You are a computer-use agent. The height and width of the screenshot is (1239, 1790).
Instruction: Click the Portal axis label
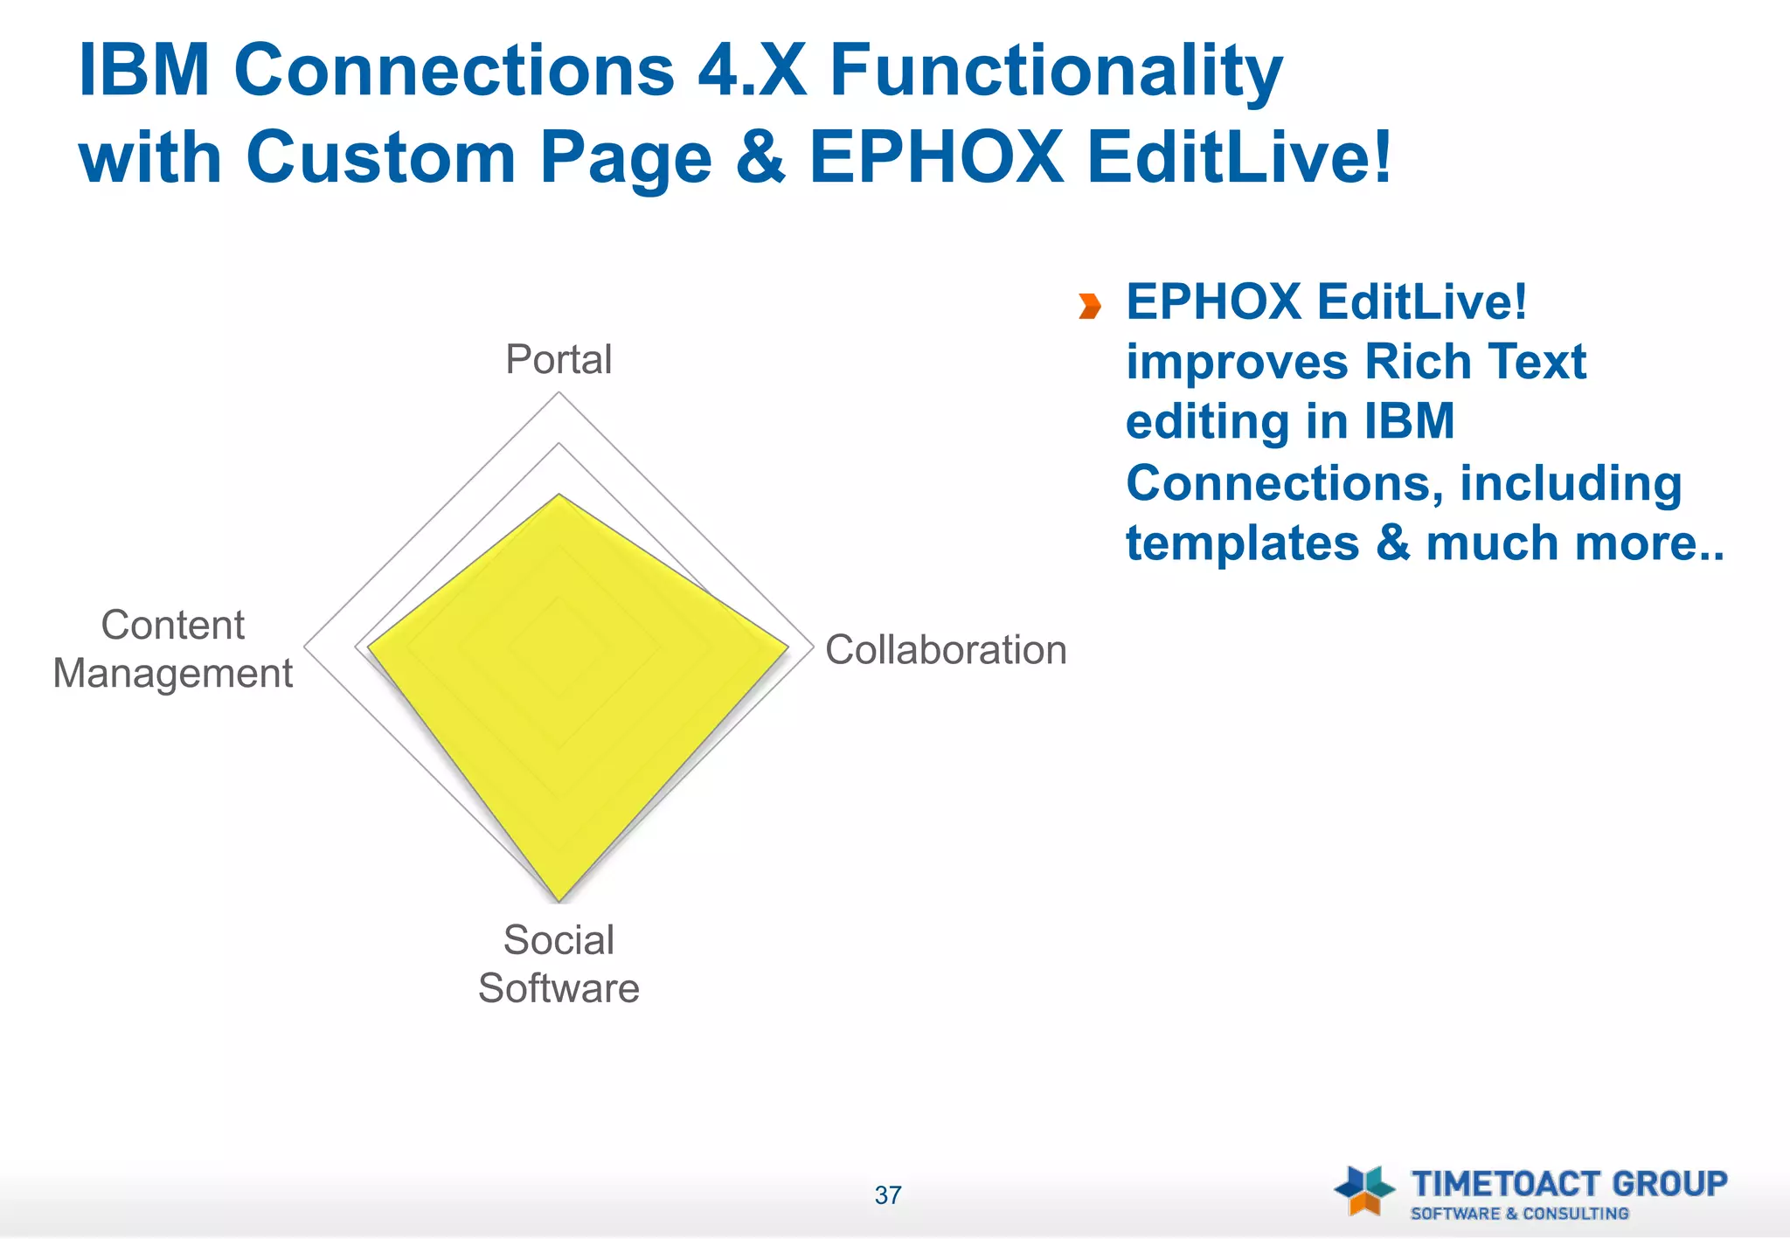click(x=559, y=360)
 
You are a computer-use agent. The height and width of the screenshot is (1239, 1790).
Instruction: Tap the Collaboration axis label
click(x=946, y=650)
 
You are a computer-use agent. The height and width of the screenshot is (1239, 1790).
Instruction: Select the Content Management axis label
click(x=173, y=649)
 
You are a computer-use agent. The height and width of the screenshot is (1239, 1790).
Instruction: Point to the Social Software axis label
click(x=559, y=964)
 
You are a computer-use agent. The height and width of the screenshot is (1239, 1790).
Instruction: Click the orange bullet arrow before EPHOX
click(x=1089, y=307)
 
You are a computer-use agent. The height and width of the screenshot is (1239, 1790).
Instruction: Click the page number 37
click(x=888, y=1195)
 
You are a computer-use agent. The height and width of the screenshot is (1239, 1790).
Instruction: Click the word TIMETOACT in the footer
click(x=1507, y=1184)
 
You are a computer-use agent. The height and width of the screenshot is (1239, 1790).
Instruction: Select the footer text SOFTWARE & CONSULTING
click(x=1519, y=1214)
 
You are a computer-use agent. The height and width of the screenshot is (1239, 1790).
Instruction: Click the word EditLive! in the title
click(x=1239, y=158)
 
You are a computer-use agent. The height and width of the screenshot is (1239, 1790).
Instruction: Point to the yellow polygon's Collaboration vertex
click(x=788, y=647)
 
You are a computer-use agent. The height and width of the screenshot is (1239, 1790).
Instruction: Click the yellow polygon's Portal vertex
click(x=559, y=495)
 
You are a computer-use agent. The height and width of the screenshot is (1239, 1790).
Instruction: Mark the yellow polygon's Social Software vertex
click(x=559, y=901)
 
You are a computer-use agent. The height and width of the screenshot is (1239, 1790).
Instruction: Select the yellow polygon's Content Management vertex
click(x=368, y=647)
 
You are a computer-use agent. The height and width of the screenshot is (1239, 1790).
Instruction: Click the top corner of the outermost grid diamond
click(x=559, y=393)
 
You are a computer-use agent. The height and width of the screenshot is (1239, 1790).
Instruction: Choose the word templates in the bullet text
click(x=1242, y=543)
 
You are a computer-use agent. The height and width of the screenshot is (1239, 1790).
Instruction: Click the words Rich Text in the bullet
click(x=1474, y=362)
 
